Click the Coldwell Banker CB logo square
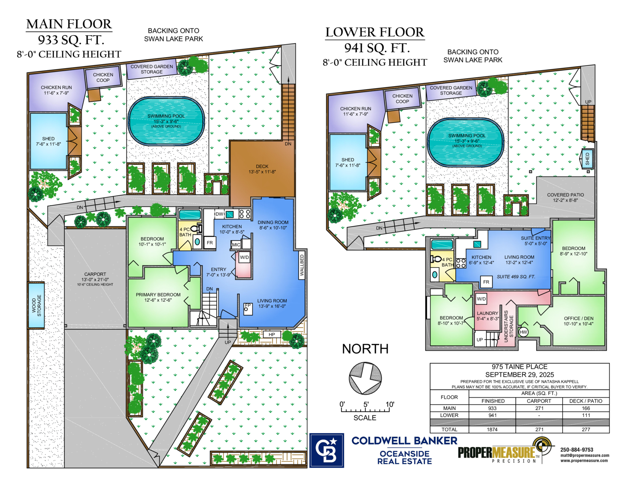point(326,450)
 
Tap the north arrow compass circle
point(365,378)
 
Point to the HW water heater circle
point(523,332)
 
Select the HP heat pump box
point(272,334)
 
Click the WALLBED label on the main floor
point(302,265)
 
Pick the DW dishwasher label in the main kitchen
point(219,214)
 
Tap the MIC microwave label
point(236,245)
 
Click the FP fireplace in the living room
point(248,309)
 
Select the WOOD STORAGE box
point(36,305)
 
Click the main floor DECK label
point(262,169)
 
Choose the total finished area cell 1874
point(492,429)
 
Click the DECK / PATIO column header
point(586,401)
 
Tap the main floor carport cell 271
point(539,408)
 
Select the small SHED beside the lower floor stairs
point(587,159)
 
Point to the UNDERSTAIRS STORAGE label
point(509,326)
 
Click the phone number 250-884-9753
point(576,450)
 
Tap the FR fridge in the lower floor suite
point(486,282)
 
